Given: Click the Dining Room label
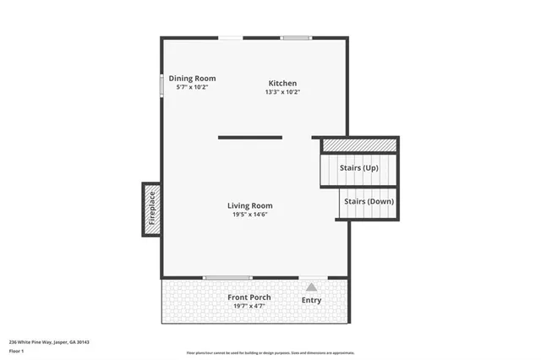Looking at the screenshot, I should click(192, 78).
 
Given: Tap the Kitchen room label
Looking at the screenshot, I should click(282, 83).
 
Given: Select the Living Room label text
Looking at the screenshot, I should click(249, 205).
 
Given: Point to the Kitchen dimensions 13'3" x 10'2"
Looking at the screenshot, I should click(282, 92).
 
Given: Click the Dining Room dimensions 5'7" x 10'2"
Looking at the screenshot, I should click(192, 87).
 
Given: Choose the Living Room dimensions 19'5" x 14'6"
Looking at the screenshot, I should click(249, 215).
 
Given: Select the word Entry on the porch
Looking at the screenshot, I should click(312, 301).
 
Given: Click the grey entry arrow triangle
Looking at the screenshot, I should click(311, 287).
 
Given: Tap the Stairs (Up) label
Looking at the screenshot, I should click(359, 168).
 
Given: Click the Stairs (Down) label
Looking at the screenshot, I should click(369, 201).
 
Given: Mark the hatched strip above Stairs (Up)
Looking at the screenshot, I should click(359, 145).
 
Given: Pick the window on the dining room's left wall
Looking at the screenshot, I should click(162, 86).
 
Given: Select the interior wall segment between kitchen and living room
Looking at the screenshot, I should click(250, 137).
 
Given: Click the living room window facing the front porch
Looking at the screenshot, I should click(228, 277).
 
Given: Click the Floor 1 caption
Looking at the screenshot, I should click(17, 350).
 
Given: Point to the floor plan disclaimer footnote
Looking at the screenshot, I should click(270, 352).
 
